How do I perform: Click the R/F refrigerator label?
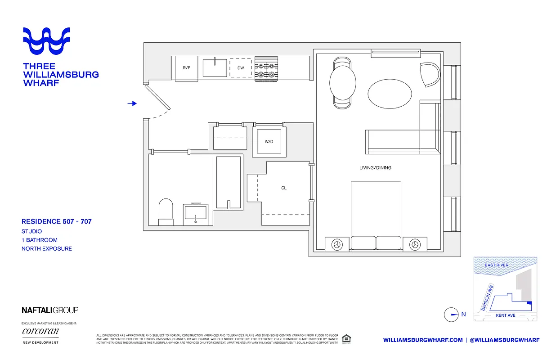pos(186,68)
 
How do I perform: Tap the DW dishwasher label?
pos(240,68)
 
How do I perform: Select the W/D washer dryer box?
pos(269,142)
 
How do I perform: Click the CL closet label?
pos(284,188)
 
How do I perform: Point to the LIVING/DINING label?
pos(375,168)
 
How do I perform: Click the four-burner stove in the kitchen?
pos(265,69)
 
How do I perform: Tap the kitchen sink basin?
pos(215,67)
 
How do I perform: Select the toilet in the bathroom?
pos(166,211)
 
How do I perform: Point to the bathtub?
pos(229,182)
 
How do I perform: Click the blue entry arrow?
pos(132,103)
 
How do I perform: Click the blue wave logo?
pos(47,40)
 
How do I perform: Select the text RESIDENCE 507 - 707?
pos(57,221)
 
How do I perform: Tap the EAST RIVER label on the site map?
pos(497,265)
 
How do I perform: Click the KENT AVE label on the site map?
pos(505,315)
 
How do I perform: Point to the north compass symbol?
pos(451,315)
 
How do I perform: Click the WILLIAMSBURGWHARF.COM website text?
pos(423,340)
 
